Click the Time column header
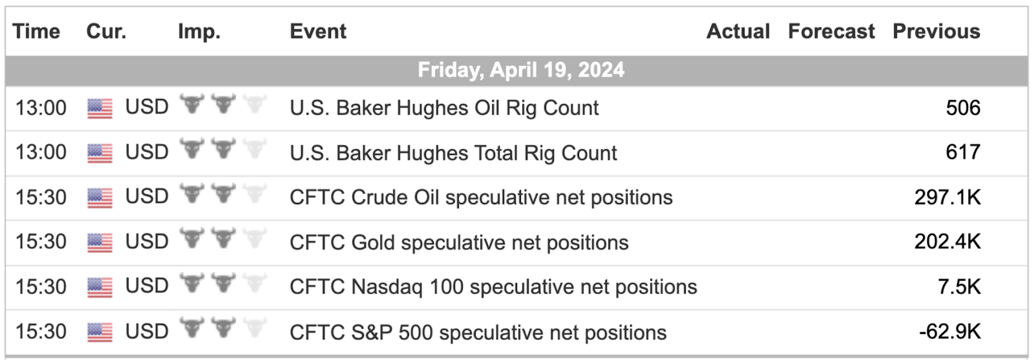coord(36,32)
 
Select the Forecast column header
coord(831,32)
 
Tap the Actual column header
coord(738,32)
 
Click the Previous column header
coord(936,32)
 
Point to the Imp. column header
coord(200,32)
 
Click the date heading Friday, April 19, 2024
coord(521,70)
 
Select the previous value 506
coord(963,108)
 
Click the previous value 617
coord(963,153)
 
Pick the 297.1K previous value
coord(947,198)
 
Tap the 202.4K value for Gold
coord(947,242)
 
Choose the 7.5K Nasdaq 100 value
coord(959,287)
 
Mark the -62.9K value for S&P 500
coord(949,332)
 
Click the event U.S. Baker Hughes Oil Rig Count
coord(444,109)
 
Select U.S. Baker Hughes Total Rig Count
coord(453,153)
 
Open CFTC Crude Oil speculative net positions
coord(481,198)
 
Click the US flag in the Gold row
coord(100,243)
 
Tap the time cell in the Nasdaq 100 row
coord(41,287)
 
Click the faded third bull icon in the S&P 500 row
coord(255,327)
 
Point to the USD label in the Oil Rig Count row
coord(147,107)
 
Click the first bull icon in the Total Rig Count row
coord(191,148)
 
